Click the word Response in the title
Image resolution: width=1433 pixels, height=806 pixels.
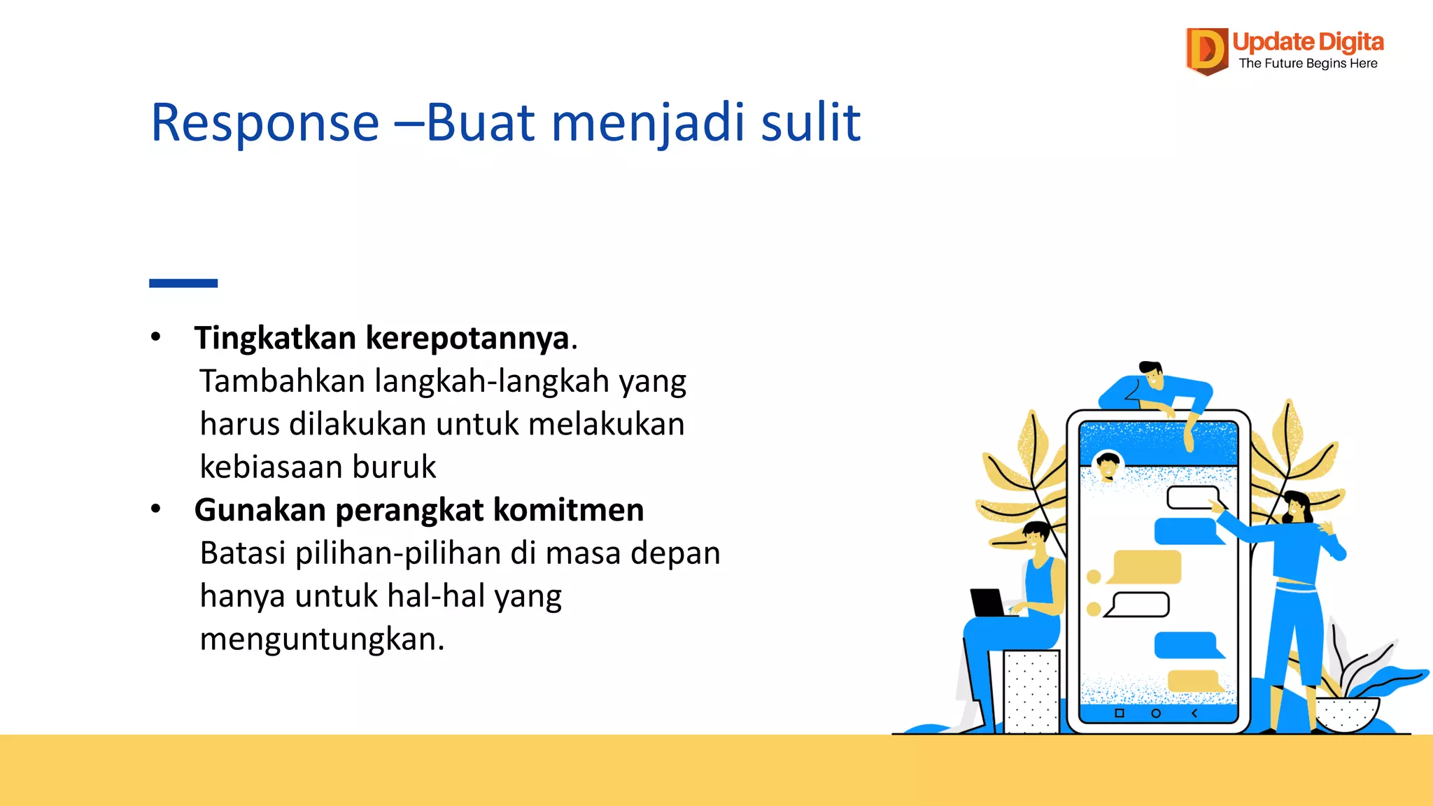(264, 123)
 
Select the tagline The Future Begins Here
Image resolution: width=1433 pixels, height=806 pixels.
(1308, 64)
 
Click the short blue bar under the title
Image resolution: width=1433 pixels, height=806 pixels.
(183, 283)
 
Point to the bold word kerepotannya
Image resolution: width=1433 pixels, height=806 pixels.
(467, 339)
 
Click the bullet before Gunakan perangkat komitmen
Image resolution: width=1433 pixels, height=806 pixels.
(156, 509)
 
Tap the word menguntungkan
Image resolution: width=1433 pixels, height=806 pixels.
(321, 639)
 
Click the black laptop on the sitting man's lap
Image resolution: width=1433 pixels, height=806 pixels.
(987, 602)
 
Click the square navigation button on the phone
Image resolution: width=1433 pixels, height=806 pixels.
(1119, 713)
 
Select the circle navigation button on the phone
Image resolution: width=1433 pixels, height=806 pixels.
(1156, 713)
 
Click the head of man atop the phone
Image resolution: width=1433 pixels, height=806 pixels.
(1151, 374)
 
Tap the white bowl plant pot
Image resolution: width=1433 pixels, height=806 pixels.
(1346, 714)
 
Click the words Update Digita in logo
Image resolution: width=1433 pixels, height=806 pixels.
(1308, 42)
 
